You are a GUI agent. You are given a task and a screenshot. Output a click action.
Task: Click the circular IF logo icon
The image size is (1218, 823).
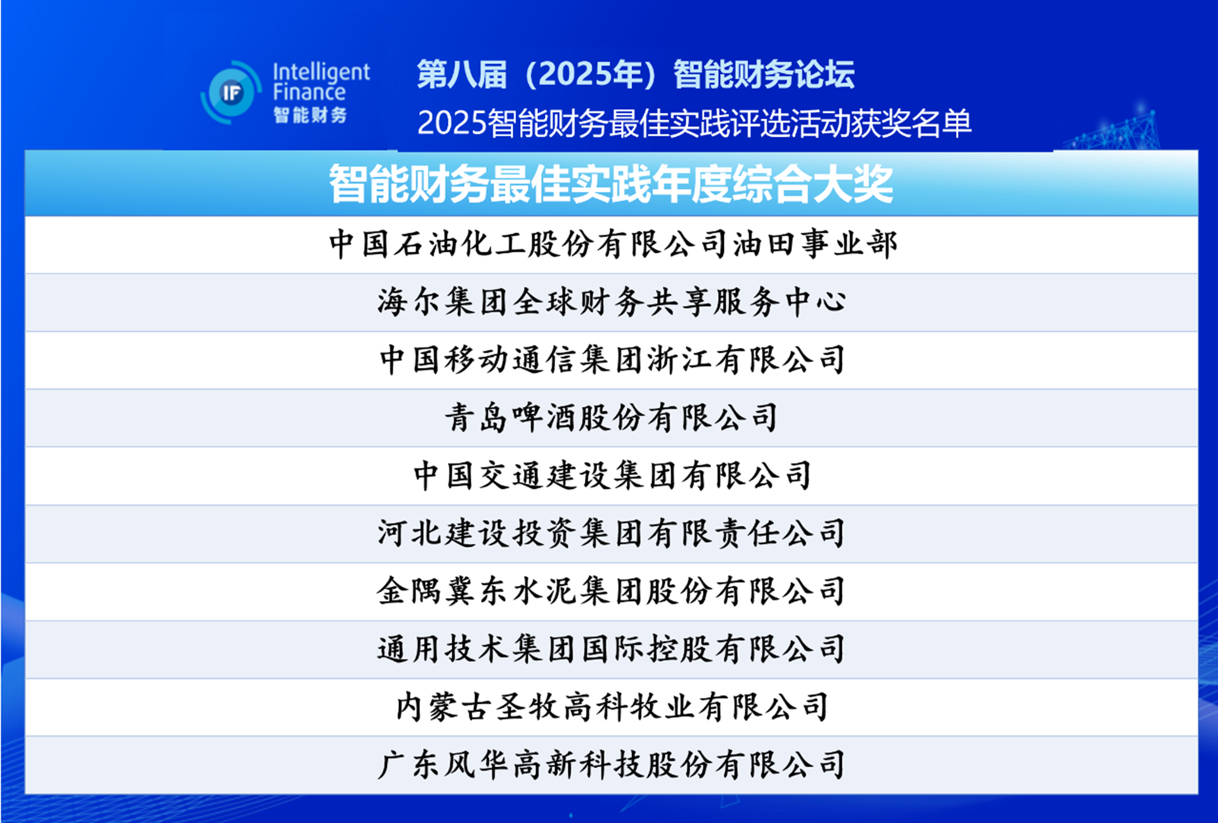point(231,93)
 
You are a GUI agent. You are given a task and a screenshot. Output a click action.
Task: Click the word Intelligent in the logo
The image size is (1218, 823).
point(321,72)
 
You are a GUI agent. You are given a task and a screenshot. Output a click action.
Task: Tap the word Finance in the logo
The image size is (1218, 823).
point(309,93)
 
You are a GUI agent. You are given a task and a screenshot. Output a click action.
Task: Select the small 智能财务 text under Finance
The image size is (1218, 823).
point(310,115)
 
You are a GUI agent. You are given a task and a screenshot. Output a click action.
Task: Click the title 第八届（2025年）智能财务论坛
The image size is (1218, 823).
point(636,74)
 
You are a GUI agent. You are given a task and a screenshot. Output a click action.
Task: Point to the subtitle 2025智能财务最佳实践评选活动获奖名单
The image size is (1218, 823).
point(694,122)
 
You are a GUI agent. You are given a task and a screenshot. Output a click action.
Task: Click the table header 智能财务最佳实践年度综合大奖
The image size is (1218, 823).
point(611,184)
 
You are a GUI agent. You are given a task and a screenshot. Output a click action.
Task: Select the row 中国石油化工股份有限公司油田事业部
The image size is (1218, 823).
point(613,244)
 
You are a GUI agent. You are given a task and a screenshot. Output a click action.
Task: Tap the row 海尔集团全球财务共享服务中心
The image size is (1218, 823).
point(612,302)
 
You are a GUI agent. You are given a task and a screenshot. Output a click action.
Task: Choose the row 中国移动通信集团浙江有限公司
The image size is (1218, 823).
point(612,360)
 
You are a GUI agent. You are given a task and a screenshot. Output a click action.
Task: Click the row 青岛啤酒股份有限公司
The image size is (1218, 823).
point(611,417)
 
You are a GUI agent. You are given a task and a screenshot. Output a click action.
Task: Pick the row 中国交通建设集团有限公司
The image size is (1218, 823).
point(612,475)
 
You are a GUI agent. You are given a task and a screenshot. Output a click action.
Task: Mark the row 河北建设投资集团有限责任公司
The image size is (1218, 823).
point(611,533)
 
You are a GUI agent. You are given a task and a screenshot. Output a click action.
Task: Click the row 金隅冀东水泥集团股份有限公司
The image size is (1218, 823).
point(611,590)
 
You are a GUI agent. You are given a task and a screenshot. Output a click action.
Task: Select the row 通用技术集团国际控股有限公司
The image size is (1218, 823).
point(611,649)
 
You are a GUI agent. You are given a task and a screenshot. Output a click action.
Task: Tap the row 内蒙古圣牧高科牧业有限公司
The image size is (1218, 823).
point(612,706)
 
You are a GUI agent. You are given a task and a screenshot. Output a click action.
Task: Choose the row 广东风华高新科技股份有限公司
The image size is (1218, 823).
point(611,764)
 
